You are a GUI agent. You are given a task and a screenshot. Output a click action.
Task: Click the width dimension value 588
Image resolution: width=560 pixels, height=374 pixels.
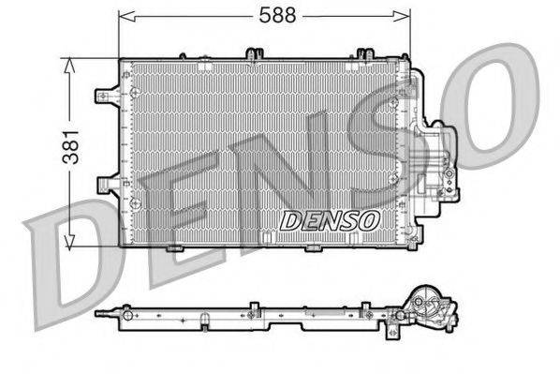270,14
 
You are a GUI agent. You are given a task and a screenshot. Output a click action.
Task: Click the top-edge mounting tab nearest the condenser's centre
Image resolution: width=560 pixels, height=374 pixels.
252,53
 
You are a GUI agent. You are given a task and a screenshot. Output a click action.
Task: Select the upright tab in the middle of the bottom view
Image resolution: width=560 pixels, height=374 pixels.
254,306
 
